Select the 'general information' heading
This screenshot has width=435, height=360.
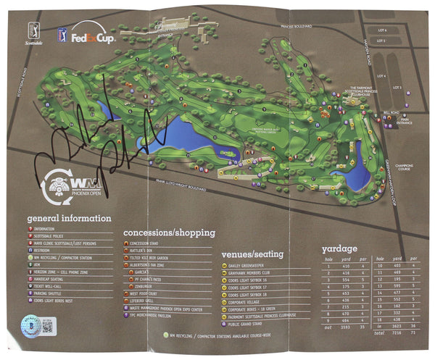click(x=70, y=218)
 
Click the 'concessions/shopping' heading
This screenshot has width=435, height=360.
click(x=168, y=233)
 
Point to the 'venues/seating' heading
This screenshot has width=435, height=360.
click(x=252, y=254)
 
